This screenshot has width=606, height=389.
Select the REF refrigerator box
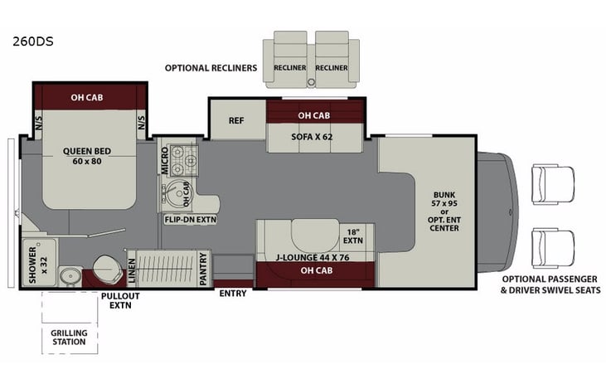pos(235,119)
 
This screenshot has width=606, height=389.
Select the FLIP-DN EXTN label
pos(191,220)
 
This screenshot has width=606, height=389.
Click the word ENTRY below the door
pos(231,293)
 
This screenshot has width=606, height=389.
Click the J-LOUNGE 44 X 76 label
pos(313,257)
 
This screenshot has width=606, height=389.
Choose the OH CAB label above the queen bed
pos(90,96)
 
